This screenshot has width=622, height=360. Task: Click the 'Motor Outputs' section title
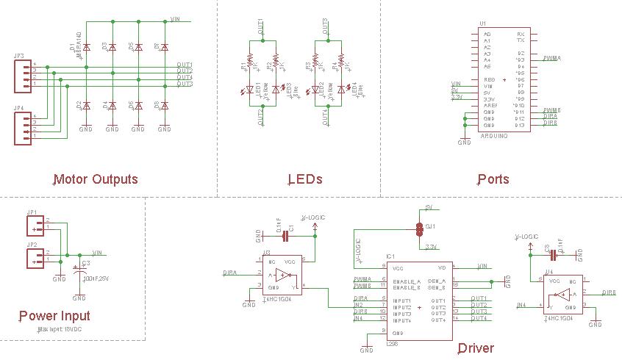[x=96, y=179]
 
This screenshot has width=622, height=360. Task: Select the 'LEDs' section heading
[x=305, y=179]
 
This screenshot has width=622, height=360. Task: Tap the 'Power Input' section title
[x=54, y=316]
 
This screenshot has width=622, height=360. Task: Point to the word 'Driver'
[x=476, y=348]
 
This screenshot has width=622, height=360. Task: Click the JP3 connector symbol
[x=24, y=76]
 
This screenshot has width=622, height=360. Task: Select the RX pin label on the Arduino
[x=521, y=34]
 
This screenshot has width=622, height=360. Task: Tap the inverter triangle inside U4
[x=563, y=296]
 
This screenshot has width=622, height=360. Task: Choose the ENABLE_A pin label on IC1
[x=407, y=281]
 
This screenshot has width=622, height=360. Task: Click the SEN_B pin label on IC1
[x=439, y=287]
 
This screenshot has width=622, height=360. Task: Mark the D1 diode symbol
[x=86, y=48]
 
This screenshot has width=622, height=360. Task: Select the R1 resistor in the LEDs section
[x=249, y=62]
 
